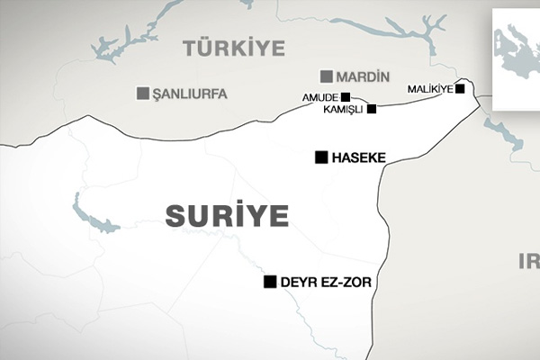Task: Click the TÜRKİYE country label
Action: pos(233,48)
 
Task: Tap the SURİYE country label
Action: pos(227,215)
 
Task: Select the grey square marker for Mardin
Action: pos(326,76)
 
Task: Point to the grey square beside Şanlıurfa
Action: pos(142,93)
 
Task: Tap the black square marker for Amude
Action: pos(346,95)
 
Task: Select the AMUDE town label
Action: pos(319,96)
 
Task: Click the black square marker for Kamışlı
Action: pos(372,108)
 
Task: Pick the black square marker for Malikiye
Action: pos(460,89)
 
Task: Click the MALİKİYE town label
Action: pos(430,89)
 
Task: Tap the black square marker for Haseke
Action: pos(320,157)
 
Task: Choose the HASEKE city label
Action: pos(358,157)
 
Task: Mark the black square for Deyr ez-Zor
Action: pos(269,282)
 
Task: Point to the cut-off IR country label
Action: pos(528,261)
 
